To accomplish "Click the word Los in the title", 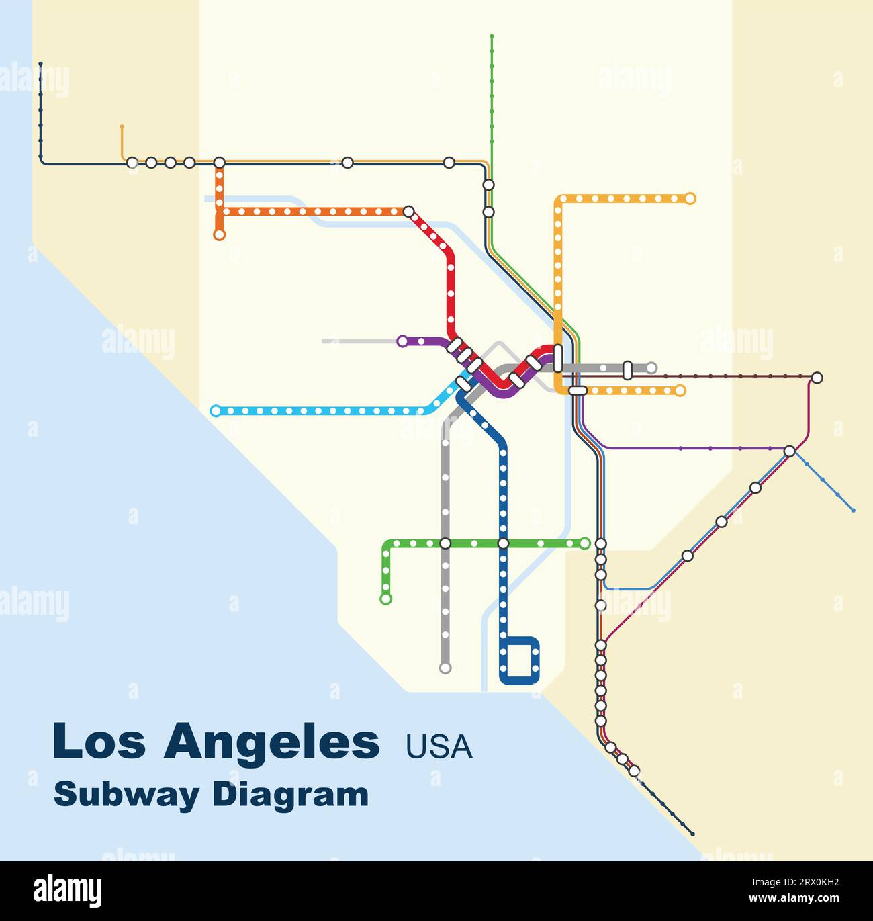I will click(98, 741).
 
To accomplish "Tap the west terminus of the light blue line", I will click(216, 411).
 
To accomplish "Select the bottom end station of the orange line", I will click(219, 235).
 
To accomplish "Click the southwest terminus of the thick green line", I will click(385, 599).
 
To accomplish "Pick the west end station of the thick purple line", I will click(402, 341).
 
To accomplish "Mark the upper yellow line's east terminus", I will click(690, 199).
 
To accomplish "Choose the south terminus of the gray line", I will click(445, 668).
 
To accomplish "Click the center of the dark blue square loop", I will click(520, 660).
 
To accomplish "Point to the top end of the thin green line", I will click(492, 36).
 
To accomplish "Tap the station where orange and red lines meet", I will click(408, 212).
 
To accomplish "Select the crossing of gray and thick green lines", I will click(445, 543).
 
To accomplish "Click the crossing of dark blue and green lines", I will click(503, 543).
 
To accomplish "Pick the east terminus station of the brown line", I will click(817, 378).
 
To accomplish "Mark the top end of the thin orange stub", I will click(122, 126).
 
